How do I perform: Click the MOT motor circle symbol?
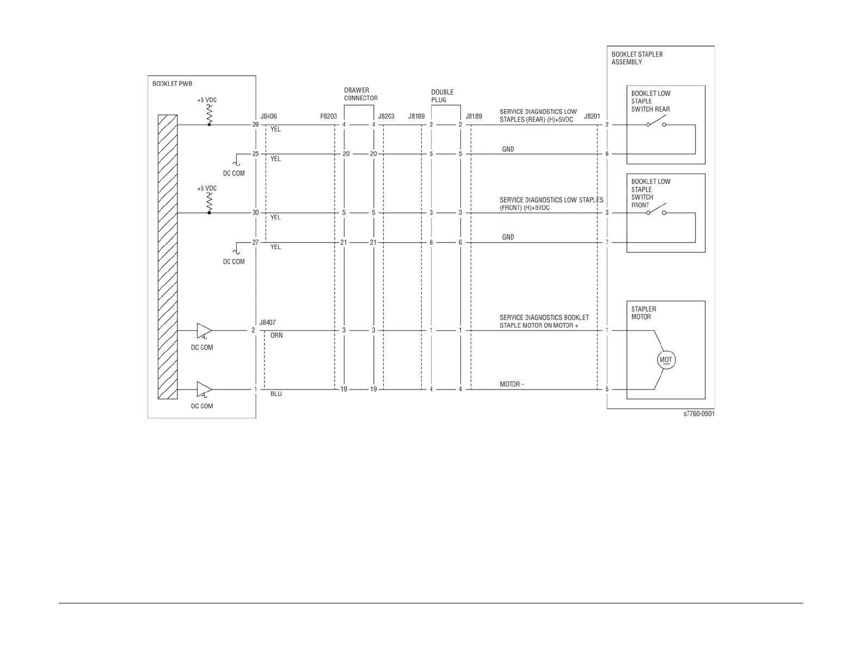pos(666,360)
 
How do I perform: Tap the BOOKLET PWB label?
pos(172,84)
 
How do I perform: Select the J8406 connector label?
pos(269,116)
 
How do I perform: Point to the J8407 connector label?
pos(267,323)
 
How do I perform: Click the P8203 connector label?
pos(328,116)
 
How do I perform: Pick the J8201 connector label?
pos(592,116)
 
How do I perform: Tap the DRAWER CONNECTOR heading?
pos(360,94)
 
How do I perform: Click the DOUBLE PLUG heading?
pos(442,96)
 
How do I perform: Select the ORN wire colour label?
pos(276,336)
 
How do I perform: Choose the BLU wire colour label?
pos(276,394)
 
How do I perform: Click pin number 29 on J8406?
pos(255,125)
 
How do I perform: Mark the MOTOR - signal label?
pos(512,385)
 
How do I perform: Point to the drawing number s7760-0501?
pos(699,414)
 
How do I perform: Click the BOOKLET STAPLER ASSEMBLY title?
pos(637,58)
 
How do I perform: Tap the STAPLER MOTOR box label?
pos(643,313)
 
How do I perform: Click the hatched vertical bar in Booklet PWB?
pos(168,257)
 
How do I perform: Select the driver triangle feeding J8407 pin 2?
pos(204,330)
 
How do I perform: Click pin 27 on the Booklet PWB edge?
pos(255,242)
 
